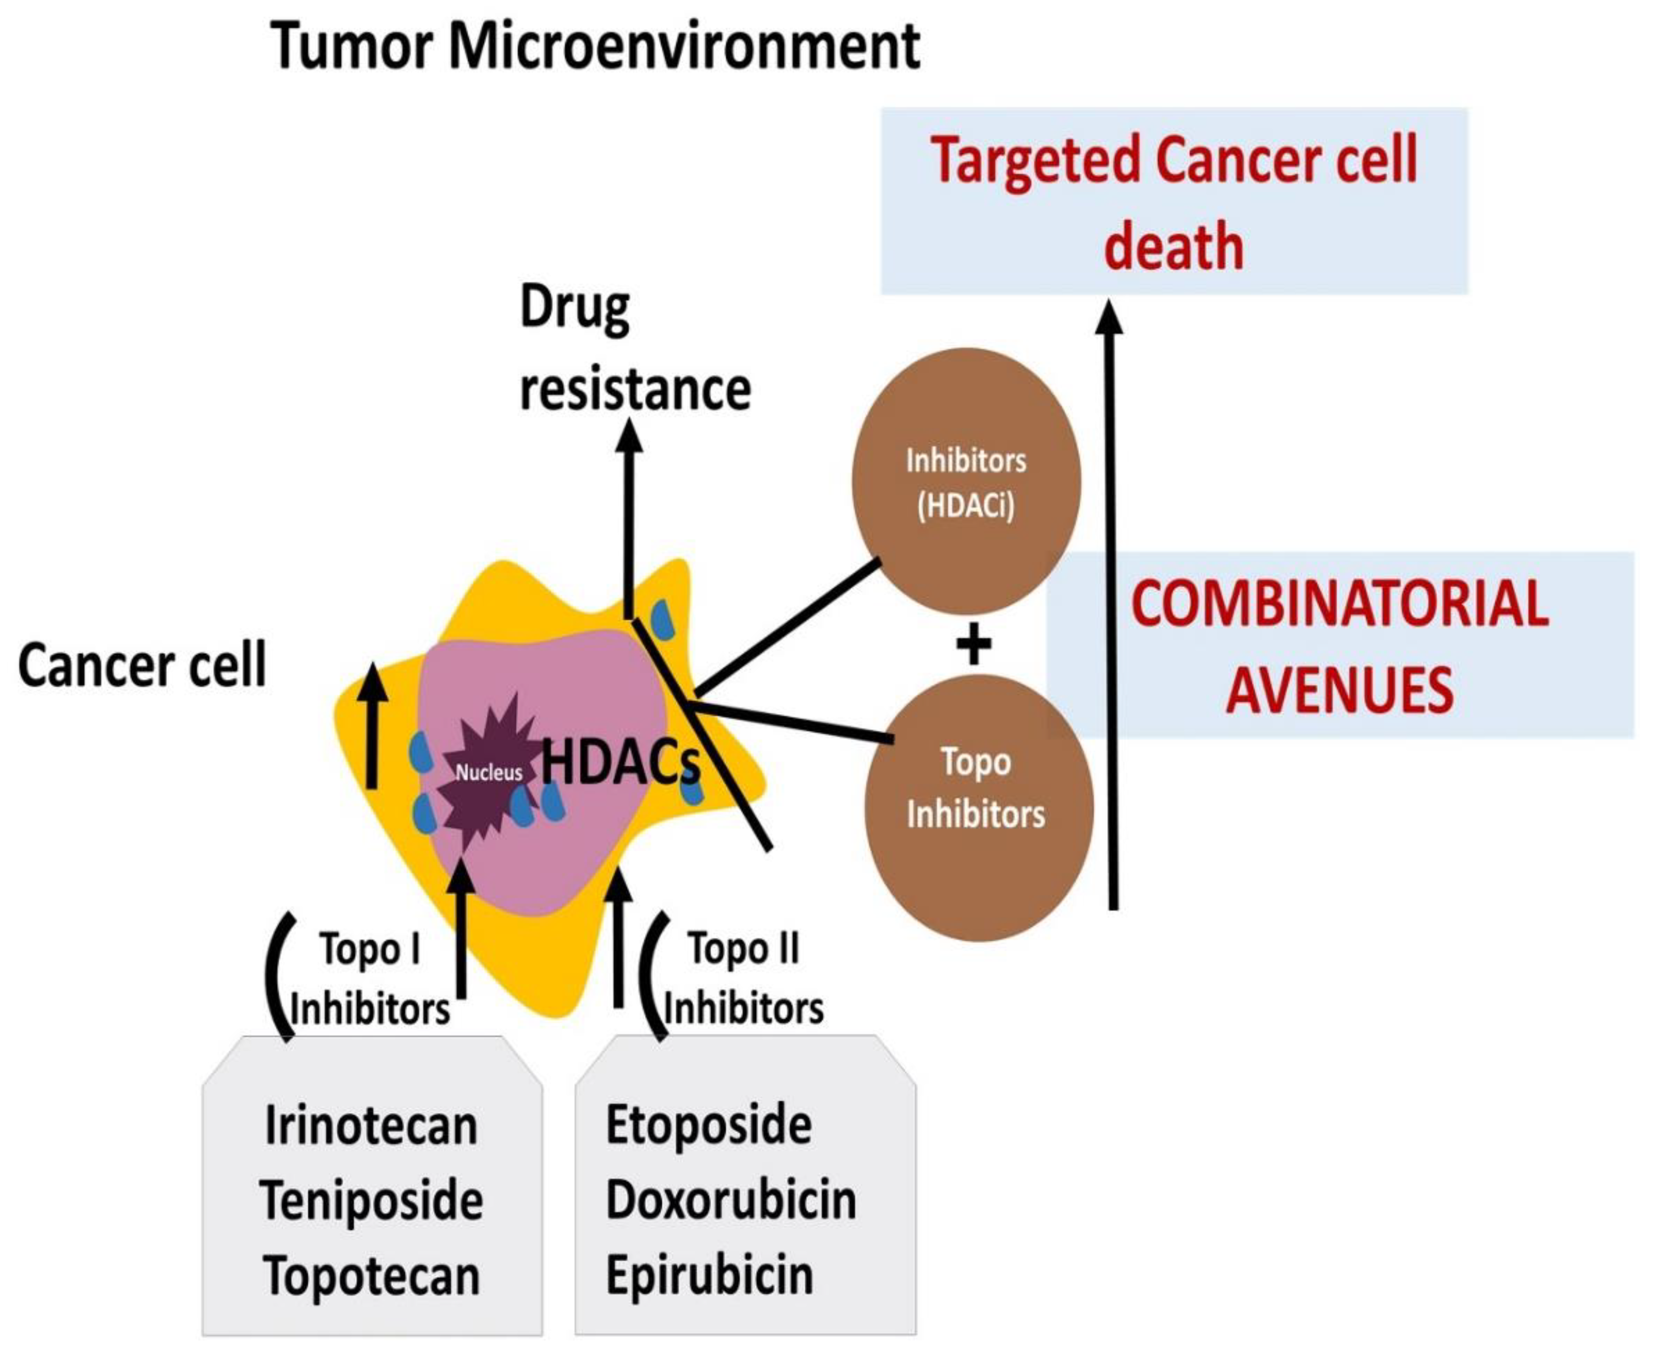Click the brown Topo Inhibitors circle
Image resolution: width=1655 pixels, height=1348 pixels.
pos(978,807)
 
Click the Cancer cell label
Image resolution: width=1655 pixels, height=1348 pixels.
pos(142,666)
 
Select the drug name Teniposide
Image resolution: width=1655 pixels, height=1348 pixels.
pos(371,1201)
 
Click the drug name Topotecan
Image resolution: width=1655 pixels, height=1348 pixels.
pos(371,1276)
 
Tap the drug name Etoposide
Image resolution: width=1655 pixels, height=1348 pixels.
pos(708,1125)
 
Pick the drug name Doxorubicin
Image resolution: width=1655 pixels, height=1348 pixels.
pos(730,1201)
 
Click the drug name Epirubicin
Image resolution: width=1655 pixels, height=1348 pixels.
pos(708,1276)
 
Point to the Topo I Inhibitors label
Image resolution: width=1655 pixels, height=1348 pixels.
pos(370,980)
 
